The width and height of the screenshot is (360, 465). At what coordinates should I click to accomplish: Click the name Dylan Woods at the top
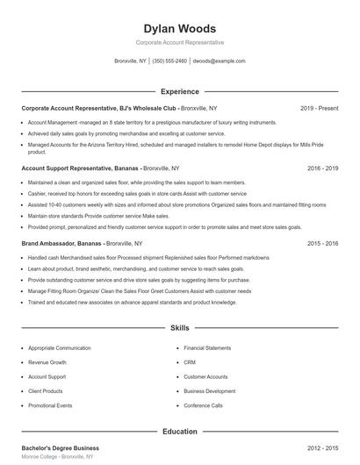pyautogui.click(x=180, y=28)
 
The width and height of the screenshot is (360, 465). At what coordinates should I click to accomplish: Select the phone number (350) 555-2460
pyautogui.click(x=169, y=61)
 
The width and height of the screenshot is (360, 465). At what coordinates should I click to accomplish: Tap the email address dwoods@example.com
pyautogui.click(x=219, y=61)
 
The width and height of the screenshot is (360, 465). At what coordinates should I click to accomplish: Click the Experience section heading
pyautogui.click(x=180, y=91)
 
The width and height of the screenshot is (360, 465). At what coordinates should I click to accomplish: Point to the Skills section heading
pyautogui.click(x=180, y=328)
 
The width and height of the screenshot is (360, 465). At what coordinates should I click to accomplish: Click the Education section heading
pyautogui.click(x=180, y=432)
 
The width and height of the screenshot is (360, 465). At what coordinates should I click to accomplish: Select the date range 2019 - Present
pyautogui.click(x=319, y=108)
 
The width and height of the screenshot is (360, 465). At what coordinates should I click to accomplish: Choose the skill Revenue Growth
pyautogui.click(x=47, y=361)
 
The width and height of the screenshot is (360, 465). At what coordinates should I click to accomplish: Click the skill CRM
pyautogui.click(x=190, y=361)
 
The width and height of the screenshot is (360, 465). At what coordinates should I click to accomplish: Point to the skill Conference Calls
pyautogui.click(x=204, y=406)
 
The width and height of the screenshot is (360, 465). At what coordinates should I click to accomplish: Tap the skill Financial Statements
pyautogui.click(x=206, y=347)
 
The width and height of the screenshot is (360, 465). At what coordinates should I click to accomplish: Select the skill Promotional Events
pyautogui.click(x=50, y=406)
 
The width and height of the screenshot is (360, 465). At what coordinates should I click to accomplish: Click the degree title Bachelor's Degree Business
pyautogui.click(x=60, y=448)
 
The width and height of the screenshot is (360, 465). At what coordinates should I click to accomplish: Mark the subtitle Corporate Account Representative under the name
pyautogui.click(x=180, y=42)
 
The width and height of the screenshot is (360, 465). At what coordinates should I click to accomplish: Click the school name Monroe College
pyautogui.click(x=41, y=457)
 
